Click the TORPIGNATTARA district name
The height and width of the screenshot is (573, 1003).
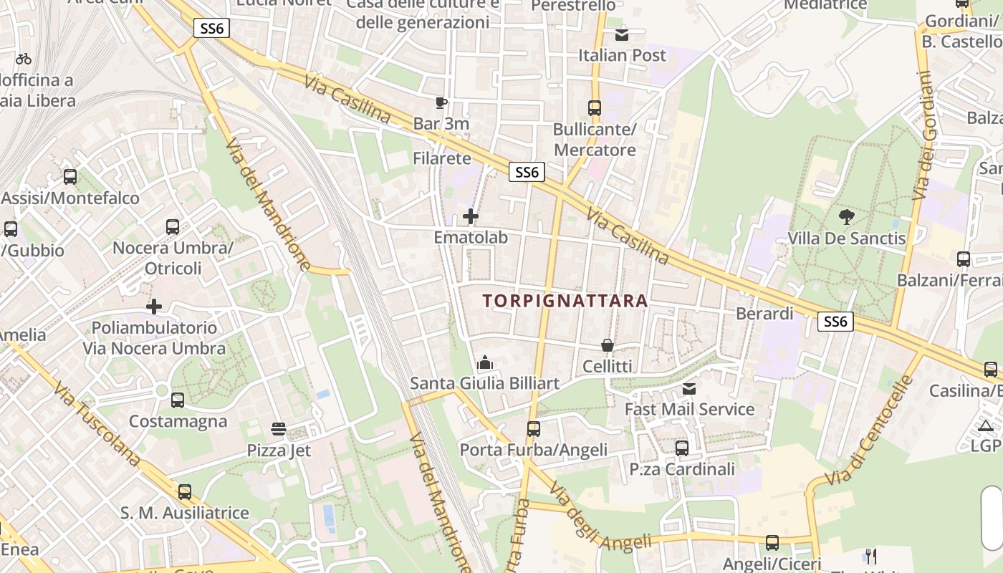tap(565, 301)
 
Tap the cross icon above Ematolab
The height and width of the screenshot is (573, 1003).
tap(471, 216)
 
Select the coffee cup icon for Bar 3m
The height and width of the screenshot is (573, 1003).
tap(441, 103)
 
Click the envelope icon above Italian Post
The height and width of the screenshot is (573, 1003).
tap(622, 34)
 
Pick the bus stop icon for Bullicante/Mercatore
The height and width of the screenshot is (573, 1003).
tap(595, 108)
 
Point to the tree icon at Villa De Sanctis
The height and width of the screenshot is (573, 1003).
tap(846, 216)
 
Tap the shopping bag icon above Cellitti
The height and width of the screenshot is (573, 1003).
tap(608, 345)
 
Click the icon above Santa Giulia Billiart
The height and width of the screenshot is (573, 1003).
tap(485, 363)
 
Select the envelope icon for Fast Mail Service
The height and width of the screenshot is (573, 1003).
tap(689, 388)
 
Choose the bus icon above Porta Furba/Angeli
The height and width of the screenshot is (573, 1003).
tap(534, 429)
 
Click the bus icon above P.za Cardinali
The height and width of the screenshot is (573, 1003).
tap(682, 448)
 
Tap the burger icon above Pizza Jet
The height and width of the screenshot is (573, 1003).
tap(279, 429)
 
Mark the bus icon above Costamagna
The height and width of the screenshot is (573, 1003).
tap(178, 400)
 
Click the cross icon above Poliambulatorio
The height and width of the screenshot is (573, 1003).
tap(154, 307)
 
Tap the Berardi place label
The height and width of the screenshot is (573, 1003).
tap(764, 314)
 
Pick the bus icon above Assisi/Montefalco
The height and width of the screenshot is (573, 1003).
tap(70, 176)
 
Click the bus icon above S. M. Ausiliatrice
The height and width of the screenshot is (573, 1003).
tap(185, 491)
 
